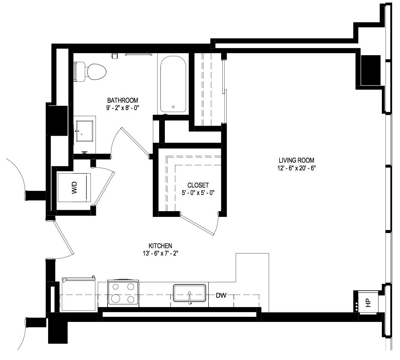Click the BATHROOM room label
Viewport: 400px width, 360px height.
pyautogui.click(x=122, y=100)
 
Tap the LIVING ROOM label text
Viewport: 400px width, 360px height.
pyautogui.click(x=296, y=160)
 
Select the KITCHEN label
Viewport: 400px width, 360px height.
pyautogui.click(x=160, y=246)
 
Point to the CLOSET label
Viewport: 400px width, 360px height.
pyautogui.click(x=198, y=185)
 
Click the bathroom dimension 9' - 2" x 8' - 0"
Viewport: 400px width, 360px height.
pyautogui.click(x=122, y=108)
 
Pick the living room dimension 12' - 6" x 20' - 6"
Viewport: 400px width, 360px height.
pyautogui.click(x=296, y=168)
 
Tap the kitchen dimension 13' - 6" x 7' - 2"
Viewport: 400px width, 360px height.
pyautogui.click(x=160, y=253)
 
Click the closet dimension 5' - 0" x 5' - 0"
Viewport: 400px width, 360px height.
pyautogui.click(x=198, y=193)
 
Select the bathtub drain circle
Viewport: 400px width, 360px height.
pyautogui.click(x=174, y=107)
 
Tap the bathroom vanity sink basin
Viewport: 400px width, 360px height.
pyautogui.click(x=84, y=131)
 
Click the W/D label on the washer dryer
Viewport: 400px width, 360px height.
pyautogui.click(x=74, y=187)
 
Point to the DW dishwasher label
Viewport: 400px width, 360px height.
pyautogui.click(x=221, y=295)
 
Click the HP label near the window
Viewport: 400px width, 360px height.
pyautogui.click(x=368, y=303)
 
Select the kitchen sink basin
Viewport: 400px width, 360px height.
pyautogui.click(x=189, y=293)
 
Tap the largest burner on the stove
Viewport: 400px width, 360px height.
pyautogui.click(x=116, y=298)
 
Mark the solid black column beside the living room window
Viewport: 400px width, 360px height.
pyautogui.click(x=371, y=70)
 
